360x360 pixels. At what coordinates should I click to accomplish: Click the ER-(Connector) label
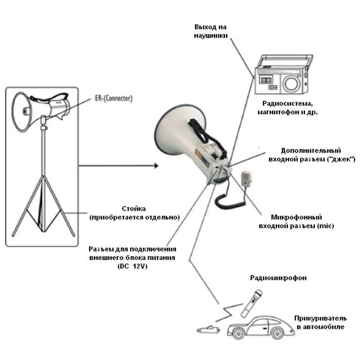[x=114, y=98]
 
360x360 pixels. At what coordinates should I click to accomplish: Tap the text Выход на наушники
[x=211, y=31]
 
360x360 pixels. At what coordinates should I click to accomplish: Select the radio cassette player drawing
[x=284, y=74]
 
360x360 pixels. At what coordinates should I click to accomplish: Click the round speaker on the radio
[x=292, y=83]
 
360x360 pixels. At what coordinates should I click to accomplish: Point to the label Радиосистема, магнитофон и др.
[x=288, y=108]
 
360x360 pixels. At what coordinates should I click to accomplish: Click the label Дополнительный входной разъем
[x=312, y=155]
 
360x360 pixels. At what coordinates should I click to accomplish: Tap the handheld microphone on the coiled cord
[x=246, y=178]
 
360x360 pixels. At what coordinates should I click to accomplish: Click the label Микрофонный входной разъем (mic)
[x=296, y=221]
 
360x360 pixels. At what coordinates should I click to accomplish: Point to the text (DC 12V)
[x=132, y=266]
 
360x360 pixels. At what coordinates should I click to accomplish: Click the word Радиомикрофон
[x=278, y=278]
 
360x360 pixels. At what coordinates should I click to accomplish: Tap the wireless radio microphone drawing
[x=252, y=303]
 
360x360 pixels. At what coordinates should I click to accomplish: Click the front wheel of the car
[x=238, y=333]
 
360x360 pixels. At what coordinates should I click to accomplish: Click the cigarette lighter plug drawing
[x=208, y=330]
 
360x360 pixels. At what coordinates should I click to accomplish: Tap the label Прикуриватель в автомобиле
[x=320, y=323]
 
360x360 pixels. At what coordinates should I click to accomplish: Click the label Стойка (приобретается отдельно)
[x=134, y=213]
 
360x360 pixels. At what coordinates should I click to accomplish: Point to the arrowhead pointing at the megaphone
[x=156, y=166]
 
